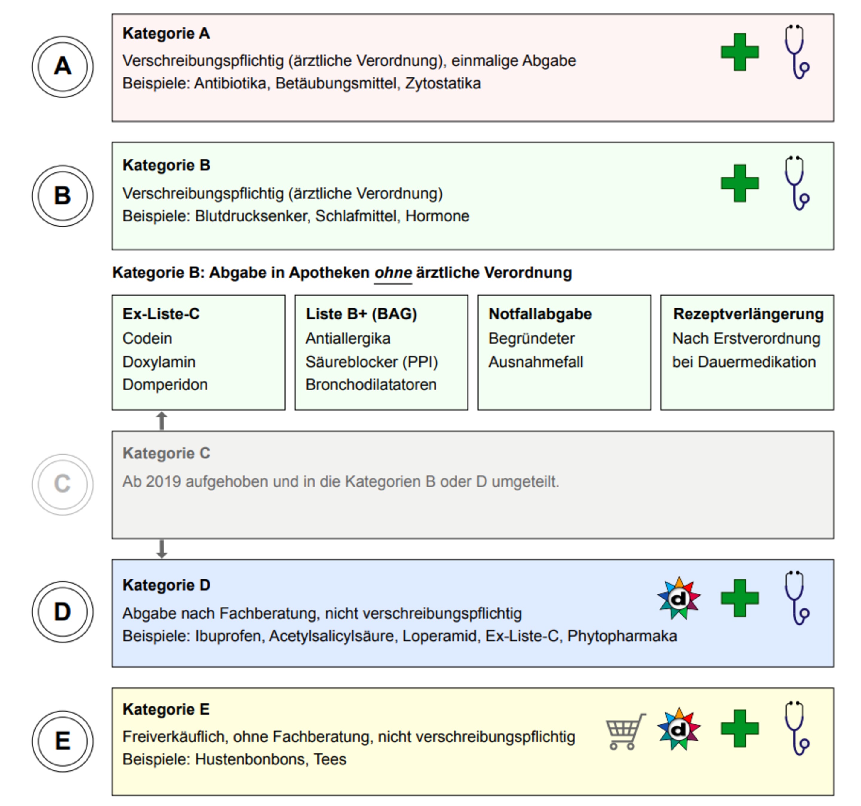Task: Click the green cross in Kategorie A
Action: point(740,52)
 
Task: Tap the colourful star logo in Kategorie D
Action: point(679,598)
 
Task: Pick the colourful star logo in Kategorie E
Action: point(679,729)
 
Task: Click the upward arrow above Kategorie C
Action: point(161,421)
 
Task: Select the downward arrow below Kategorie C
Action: point(161,549)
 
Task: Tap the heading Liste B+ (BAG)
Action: point(361,314)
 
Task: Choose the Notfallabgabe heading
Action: point(540,314)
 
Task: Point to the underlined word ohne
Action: point(393,273)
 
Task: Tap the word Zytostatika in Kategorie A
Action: point(443,83)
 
